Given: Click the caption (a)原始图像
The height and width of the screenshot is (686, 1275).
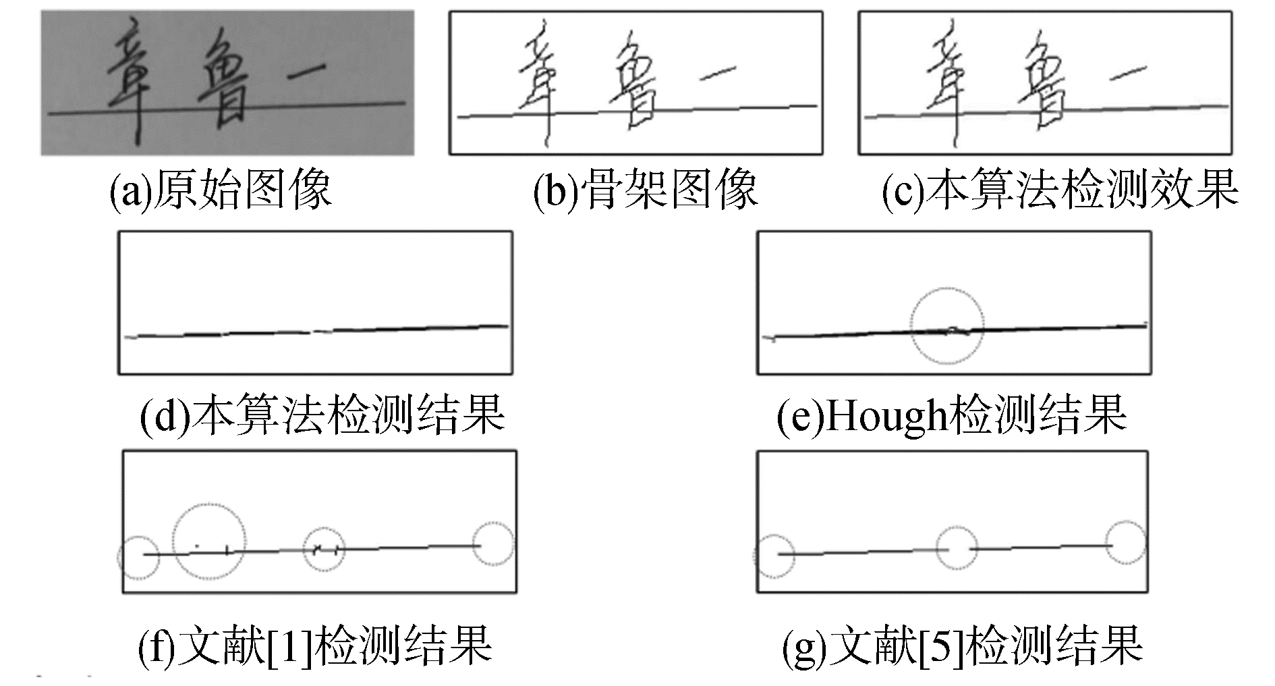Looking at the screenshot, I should click(221, 190).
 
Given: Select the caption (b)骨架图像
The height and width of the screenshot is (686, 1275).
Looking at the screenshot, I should click(645, 190).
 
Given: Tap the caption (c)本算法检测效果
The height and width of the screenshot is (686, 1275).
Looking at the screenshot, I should click(1060, 190).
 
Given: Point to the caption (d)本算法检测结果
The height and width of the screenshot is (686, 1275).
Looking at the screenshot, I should click(322, 414).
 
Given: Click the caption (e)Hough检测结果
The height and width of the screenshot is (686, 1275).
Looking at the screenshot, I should click(951, 414).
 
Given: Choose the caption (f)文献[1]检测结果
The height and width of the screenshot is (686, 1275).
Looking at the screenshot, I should click(314, 644).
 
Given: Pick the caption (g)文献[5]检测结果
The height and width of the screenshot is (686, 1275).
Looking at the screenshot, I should click(962, 644).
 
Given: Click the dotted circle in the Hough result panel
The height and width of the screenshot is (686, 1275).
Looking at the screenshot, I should click(947, 325).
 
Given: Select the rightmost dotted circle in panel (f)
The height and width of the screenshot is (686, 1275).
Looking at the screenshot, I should click(493, 544).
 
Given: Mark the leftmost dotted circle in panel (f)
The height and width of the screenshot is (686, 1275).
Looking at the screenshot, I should click(139, 558).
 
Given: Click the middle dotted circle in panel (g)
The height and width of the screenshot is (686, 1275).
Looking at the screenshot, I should click(957, 548).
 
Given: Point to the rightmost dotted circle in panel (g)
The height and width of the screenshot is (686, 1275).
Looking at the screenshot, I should click(1126, 542).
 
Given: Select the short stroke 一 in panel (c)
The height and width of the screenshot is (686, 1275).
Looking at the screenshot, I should click(1127, 72).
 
